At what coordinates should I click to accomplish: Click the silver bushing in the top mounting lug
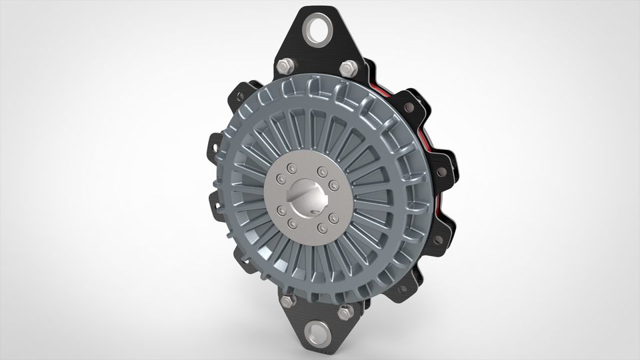click(318, 29)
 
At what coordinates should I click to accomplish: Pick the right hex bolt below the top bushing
click(347, 67)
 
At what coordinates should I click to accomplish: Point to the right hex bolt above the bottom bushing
click(345, 311)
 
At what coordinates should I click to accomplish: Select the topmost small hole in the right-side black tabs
click(409, 107)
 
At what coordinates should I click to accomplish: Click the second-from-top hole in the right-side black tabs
click(441, 171)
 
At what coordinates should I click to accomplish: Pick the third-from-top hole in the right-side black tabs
click(438, 239)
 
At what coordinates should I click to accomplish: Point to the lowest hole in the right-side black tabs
click(403, 288)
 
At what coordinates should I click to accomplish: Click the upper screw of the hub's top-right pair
click(321, 171)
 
